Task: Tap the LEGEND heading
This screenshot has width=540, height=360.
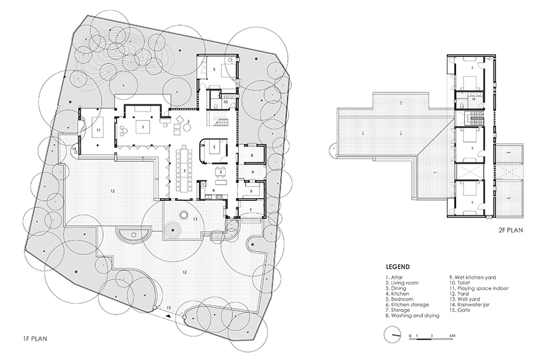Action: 397,268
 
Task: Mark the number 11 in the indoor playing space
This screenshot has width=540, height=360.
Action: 98,131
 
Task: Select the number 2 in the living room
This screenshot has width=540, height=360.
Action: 188,121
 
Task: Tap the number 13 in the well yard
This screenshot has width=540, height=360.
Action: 195,218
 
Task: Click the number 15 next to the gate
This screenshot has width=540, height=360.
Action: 169,308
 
